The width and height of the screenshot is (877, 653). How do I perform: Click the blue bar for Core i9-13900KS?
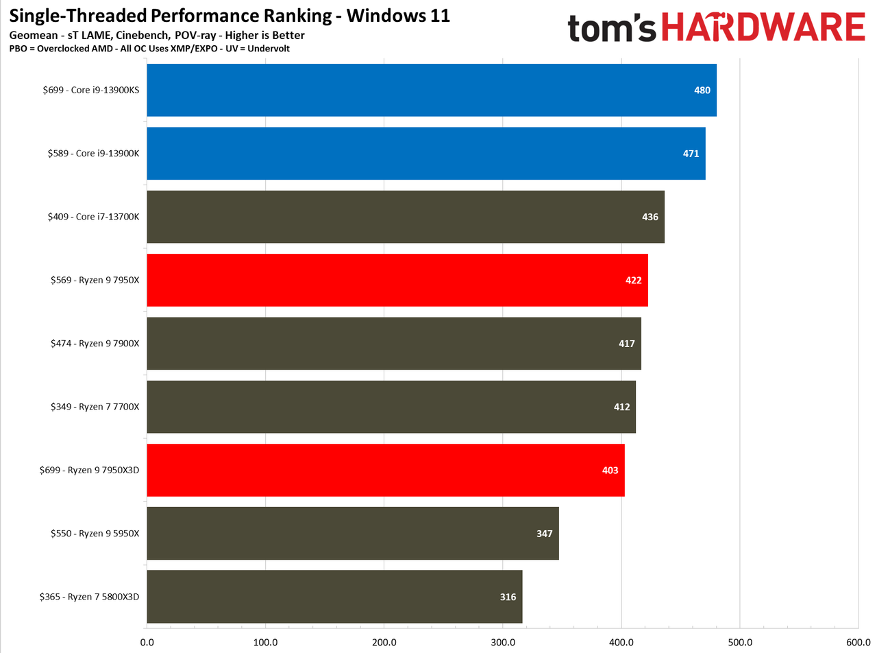click(x=432, y=90)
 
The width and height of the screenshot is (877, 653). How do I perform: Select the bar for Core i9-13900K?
click(x=426, y=153)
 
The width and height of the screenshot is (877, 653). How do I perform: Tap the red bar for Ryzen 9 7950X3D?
click(x=386, y=470)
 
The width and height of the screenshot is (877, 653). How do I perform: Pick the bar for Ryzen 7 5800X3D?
click(x=334, y=597)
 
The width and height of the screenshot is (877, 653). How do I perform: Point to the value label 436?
click(x=650, y=217)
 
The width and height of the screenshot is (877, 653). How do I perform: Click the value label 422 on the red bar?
click(x=634, y=281)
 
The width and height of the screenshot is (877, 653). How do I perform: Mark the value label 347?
click(x=544, y=534)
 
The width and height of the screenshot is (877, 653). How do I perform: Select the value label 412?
click(x=621, y=407)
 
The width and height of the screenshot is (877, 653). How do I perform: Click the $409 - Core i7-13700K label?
click(x=93, y=217)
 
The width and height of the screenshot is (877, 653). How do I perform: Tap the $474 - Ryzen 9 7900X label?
click(x=95, y=344)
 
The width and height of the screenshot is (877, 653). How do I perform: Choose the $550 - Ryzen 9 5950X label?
click(x=95, y=534)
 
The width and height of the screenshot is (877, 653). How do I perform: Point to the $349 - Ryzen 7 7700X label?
click(x=95, y=407)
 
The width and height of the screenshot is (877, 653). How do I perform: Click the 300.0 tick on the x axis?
click(x=503, y=642)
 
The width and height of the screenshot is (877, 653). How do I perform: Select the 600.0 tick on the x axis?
click(x=859, y=642)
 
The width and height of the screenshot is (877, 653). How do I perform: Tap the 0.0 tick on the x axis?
click(x=147, y=642)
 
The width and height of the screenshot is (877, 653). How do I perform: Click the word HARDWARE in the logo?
click(x=763, y=27)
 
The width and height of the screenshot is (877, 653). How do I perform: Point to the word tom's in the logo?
click(x=612, y=27)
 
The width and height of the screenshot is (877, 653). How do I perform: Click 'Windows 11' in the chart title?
click(x=398, y=16)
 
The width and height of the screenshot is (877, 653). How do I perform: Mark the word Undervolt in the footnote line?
click(x=269, y=49)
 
